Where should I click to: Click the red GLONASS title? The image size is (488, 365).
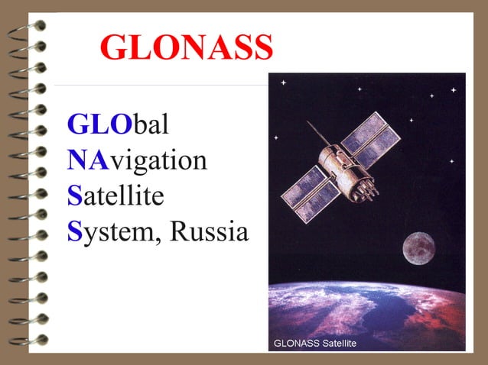coord(187,47)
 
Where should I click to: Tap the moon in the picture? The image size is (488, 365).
coord(418,247)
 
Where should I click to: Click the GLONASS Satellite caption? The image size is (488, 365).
coord(315,344)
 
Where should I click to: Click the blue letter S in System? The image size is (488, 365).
coord(74,231)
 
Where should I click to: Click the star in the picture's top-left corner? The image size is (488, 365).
coord(283,82)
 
